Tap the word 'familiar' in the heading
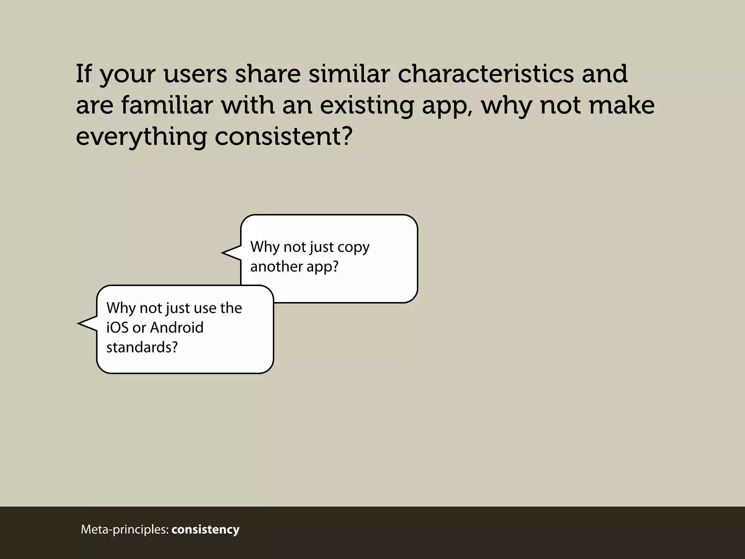click(x=167, y=105)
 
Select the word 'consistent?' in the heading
click(x=284, y=136)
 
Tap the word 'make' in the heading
click(x=621, y=105)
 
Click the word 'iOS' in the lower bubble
click(x=117, y=328)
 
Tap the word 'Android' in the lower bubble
click(x=177, y=328)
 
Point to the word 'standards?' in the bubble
click(x=142, y=347)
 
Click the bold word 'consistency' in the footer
click(x=206, y=529)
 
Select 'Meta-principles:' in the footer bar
click(x=125, y=530)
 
